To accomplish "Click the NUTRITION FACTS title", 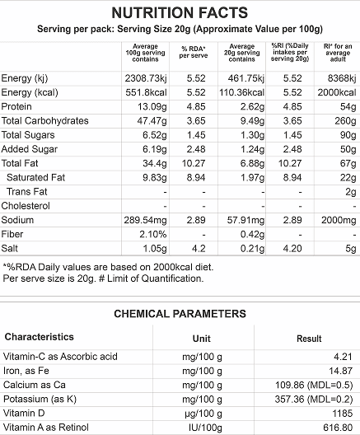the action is coord(180,12).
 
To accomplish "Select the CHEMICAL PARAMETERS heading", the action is coord(180,314).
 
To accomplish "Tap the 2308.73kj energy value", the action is coord(146,78).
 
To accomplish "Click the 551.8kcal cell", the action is coord(146,92).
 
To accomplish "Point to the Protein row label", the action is coord(16,106).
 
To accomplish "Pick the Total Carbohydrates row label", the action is coord(45,120).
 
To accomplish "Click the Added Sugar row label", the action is coord(30,149).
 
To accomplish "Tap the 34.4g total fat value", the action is coord(155,163).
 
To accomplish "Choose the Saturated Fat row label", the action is coord(35,178).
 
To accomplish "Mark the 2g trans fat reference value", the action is coord(351,192).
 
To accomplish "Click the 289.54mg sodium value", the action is coord(145,220).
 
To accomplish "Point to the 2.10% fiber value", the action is coord(153,235).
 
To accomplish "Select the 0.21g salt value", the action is coord(252,249).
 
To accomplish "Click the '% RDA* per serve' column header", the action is coord(194,52).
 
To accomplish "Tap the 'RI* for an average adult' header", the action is coord(338,53).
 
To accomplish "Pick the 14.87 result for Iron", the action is coord(340,371).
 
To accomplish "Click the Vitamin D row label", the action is coord(24,414).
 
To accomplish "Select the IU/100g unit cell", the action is coord(205,428).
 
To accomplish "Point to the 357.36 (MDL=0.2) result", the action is coord(314,400).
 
